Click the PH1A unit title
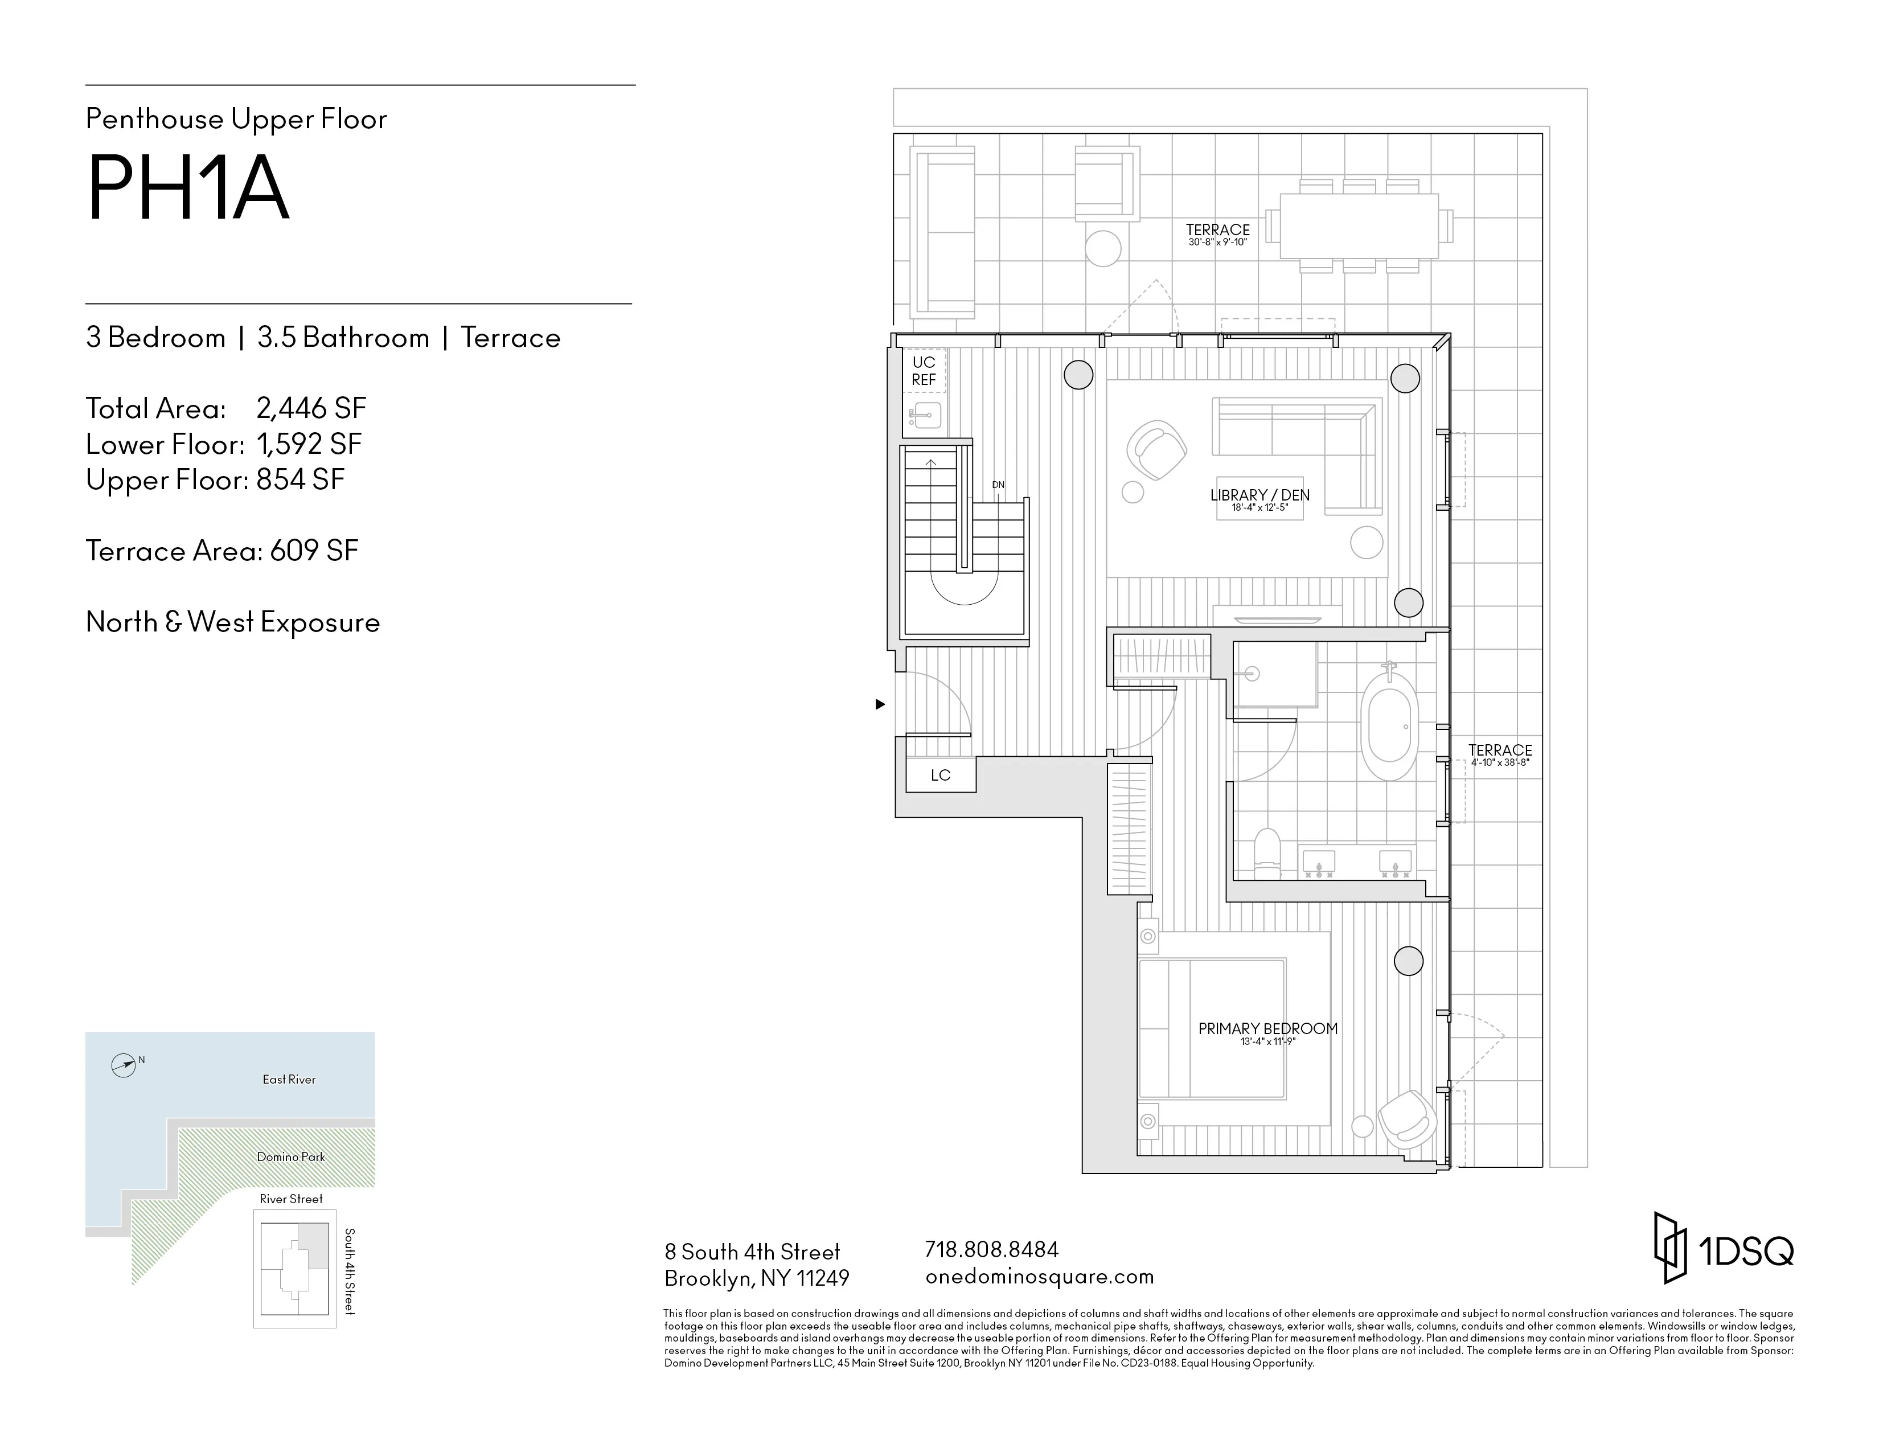coord(187,189)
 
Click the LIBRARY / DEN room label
coord(1259,495)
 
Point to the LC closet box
coord(941,775)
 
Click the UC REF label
coord(923,371)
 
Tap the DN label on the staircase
coord(998,485)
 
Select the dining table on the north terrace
coord(1359,226)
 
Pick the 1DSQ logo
coord(1724,1249)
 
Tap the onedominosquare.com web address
coord(1039,1277)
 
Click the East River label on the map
coord(289,1080)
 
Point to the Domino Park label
coord(291,1157)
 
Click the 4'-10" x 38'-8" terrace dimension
coord(1500,762)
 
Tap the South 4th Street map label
coord(349,1271)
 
